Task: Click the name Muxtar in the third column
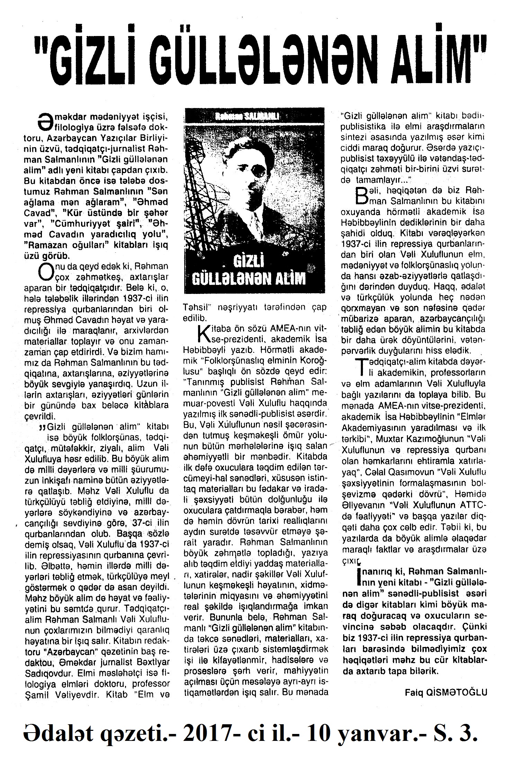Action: coord(391,439)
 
